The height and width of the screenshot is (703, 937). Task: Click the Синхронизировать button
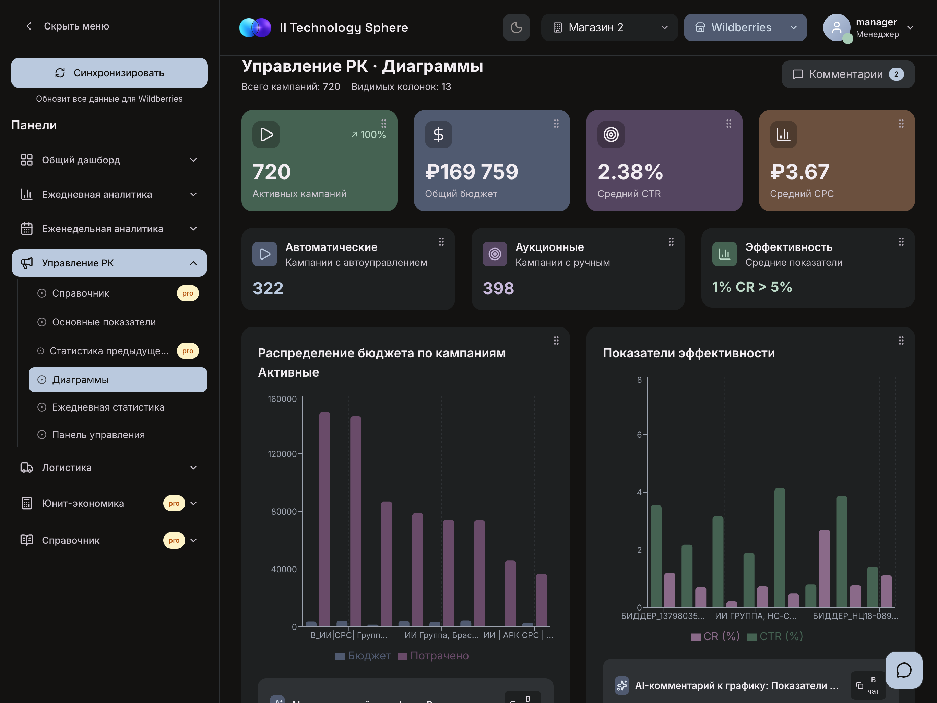tap(109, 73)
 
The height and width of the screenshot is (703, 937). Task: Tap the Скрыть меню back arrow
tap(29, 26)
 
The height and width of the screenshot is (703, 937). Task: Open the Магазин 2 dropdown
tap(609, 27)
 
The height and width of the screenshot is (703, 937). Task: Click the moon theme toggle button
tap(516, 27)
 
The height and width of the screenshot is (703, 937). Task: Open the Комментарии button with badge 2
tap(847, 74)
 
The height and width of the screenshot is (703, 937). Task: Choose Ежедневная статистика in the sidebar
tap(108, 407)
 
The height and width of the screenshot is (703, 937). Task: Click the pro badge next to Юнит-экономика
tap(174, 503)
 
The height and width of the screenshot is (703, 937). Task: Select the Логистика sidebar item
tap(67, 467)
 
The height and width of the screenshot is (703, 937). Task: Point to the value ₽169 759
tap(472, 172)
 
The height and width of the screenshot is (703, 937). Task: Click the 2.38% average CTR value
tap(630, 172)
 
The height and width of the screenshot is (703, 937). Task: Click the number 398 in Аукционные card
tap(498, 288)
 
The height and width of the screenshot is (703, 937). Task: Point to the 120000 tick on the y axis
tap(282, 454)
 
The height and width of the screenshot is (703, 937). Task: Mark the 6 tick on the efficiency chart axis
tap(639, 435)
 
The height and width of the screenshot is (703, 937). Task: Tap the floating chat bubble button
tap(903, 670)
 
